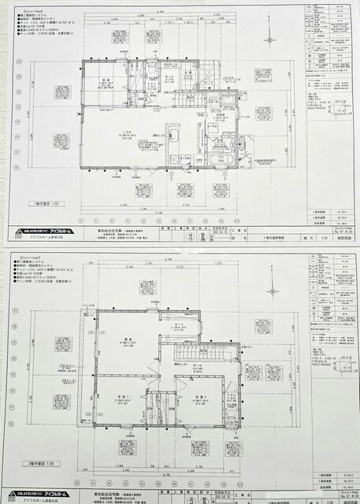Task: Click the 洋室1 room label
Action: tap(124, 398)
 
